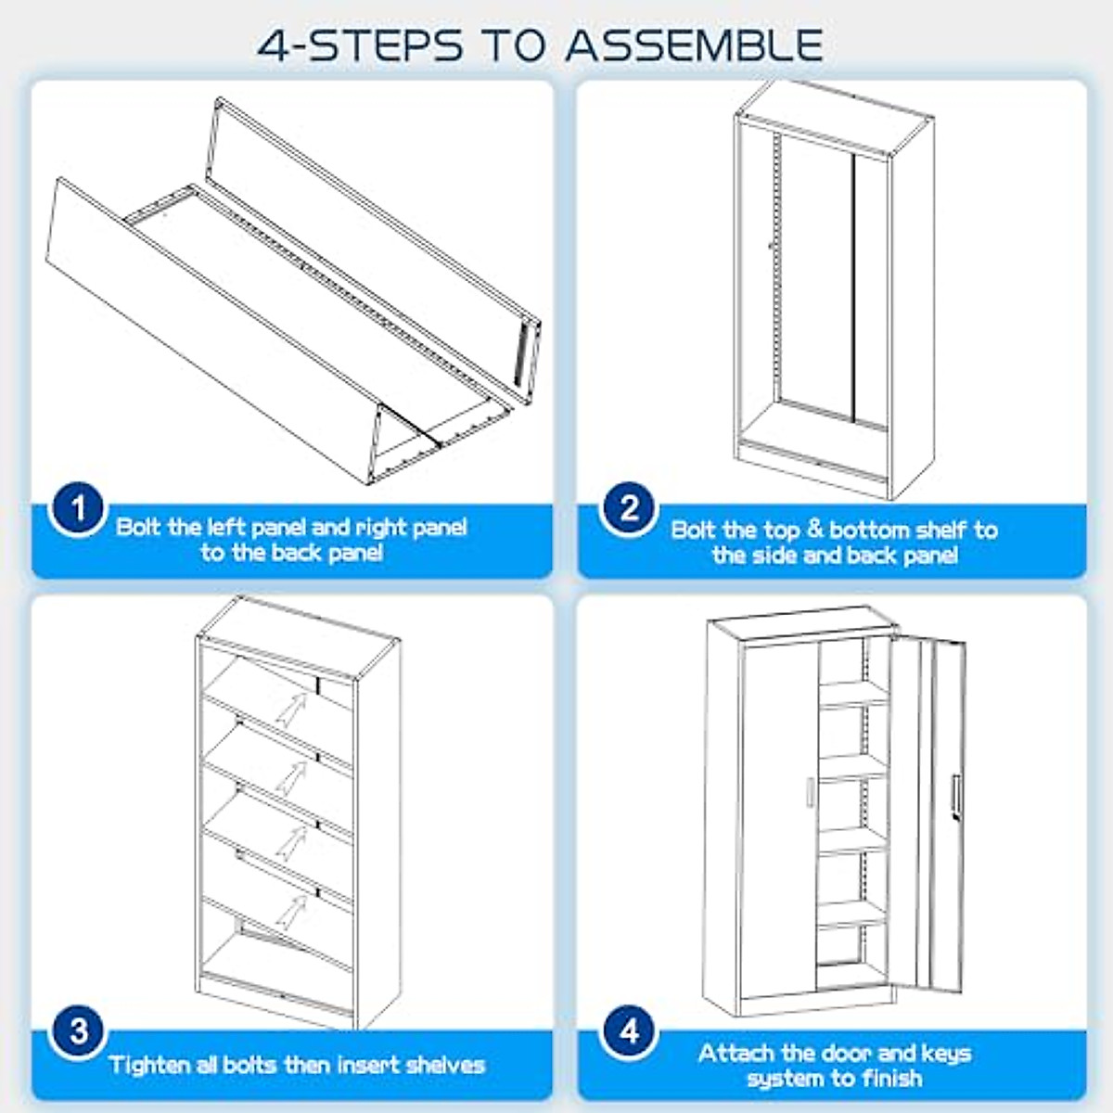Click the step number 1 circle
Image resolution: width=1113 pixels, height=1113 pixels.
[x=78, y=509]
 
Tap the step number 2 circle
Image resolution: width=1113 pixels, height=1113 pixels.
[x=629, y=509]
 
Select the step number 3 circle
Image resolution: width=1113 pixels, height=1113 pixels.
[x=78, y=1032]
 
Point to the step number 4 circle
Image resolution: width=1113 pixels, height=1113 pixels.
[x=629, y=1032]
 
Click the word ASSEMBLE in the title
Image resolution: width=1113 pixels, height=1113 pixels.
[x=695, y=45]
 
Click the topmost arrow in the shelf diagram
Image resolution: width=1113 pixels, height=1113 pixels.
[x=292, y=710]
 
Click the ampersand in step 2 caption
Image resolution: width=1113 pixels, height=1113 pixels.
[x=815, y=531]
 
